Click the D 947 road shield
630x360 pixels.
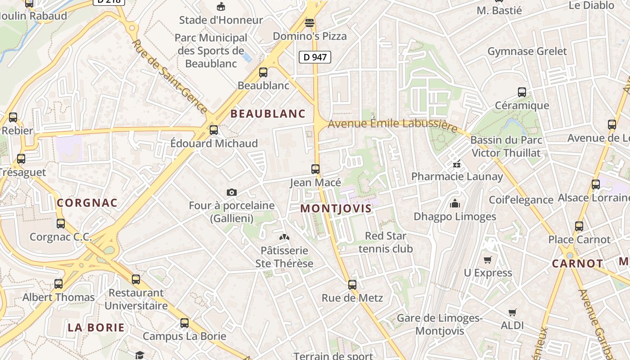click(315, 57)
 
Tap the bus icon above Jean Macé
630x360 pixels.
click(315, 169)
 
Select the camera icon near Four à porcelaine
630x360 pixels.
click(232, 192)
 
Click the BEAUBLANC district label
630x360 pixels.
click(268, 114)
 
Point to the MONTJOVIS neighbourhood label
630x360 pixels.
click(336, 208)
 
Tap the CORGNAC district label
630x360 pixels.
click(87, 203)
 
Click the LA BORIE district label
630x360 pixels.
click(96, 328)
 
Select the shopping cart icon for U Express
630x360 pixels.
click(488, 260)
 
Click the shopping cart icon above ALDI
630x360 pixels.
click(513, 312)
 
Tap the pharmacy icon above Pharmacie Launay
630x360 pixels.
click(457, 163)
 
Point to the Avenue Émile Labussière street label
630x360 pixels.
click(393, 125)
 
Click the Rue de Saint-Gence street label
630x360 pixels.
click(170, 76)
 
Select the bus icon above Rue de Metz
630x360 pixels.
click(352, 284)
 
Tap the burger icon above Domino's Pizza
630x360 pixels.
click(310, 22)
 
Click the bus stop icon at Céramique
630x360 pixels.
click(522, 92)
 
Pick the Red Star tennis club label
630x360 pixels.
click(386, 242)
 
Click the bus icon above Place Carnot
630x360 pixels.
click(579, 226)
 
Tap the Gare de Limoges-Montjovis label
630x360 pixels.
click(439, 324)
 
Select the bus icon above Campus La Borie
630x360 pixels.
click(184, 323)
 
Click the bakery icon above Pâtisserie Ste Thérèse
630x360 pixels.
click(284, 237)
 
